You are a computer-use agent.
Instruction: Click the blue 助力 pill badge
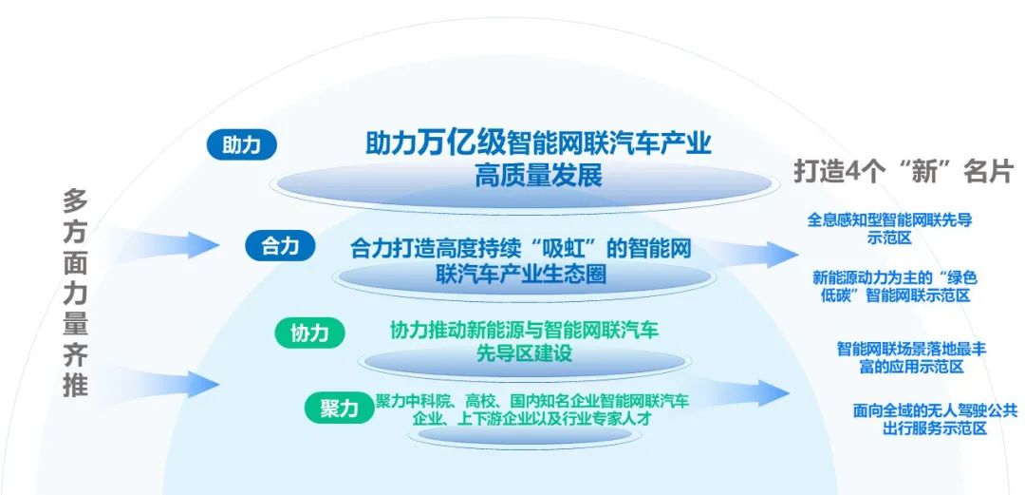242,145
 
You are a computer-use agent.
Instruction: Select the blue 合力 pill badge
280,246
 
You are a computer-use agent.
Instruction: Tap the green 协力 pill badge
309,333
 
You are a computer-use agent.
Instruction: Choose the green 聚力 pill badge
339,409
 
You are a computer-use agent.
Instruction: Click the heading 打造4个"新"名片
903,172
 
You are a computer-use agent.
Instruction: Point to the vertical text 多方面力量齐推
75,293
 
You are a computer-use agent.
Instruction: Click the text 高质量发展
538,175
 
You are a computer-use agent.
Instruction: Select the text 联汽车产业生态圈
521,274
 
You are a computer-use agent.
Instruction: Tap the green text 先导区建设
525,352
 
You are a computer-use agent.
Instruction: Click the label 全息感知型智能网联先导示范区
889,228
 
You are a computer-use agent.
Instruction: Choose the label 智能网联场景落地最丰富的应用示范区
911,357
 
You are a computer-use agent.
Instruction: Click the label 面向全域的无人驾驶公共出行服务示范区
935,420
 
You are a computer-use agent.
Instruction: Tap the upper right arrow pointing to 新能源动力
742,254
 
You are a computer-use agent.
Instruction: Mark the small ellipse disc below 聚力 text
525,435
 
